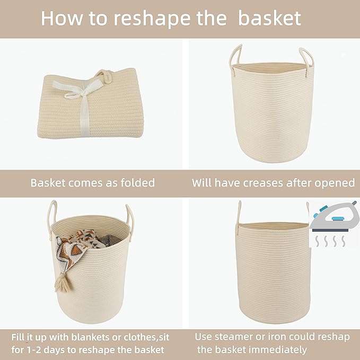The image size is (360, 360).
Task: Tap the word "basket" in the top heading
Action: (269, 18)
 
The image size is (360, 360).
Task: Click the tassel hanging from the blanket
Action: (63, 281)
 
